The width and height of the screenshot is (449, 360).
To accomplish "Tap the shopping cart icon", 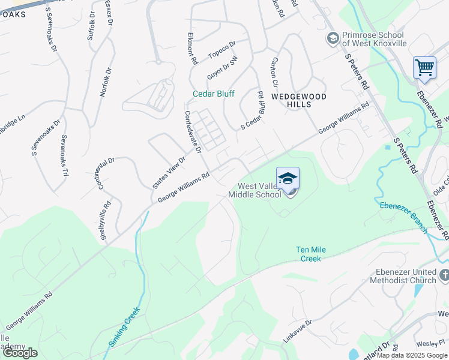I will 424,67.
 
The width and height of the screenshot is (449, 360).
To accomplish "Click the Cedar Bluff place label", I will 213,94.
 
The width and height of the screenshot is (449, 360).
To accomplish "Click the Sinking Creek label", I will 124,327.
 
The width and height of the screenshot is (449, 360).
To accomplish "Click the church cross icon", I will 444,275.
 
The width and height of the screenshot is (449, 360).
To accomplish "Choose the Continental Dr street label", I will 104,173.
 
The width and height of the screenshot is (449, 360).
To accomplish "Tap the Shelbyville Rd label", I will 106,220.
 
